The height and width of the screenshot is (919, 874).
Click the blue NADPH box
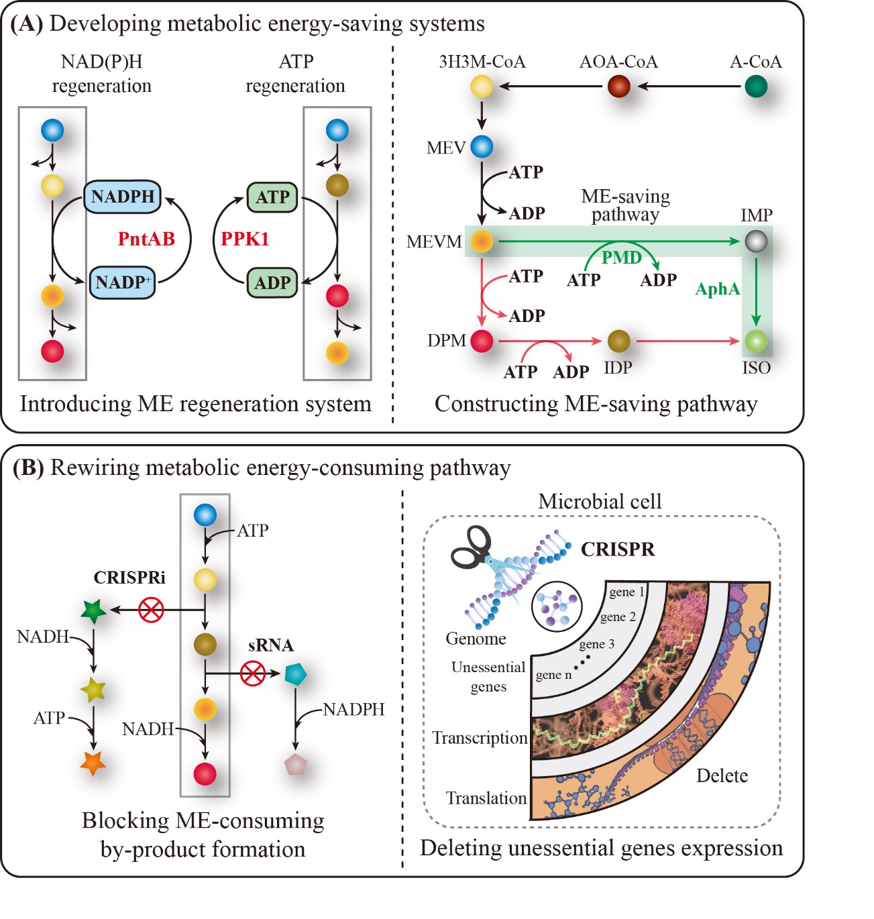click(123, 197)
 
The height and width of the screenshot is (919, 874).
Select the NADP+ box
click(123, 282)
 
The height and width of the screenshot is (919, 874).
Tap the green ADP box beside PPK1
click(272, 282)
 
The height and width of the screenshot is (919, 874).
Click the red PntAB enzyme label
click(146, 239)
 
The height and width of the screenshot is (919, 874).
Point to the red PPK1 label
click(245, 239)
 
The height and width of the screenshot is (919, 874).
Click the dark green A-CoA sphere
click(756, 87)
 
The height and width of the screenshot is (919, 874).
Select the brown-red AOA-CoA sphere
click(619, 87)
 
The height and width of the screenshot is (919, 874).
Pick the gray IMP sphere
click(756, 241)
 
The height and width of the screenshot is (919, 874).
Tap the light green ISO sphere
click(756, 341)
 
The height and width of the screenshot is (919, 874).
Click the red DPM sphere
click(482, 341)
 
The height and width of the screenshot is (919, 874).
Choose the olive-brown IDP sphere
click(619, 341)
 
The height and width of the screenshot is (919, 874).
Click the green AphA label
click(718, 289)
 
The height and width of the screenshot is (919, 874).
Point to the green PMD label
click(621, 258)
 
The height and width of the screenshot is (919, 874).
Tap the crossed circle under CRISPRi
click(151, 610)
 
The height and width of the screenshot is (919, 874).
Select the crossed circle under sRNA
click(253, 673)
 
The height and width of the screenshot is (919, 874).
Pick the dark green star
click(93, 611)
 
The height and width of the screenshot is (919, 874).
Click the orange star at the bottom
click(93, 763)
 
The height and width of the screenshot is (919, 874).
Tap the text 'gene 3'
click(596, 644)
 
